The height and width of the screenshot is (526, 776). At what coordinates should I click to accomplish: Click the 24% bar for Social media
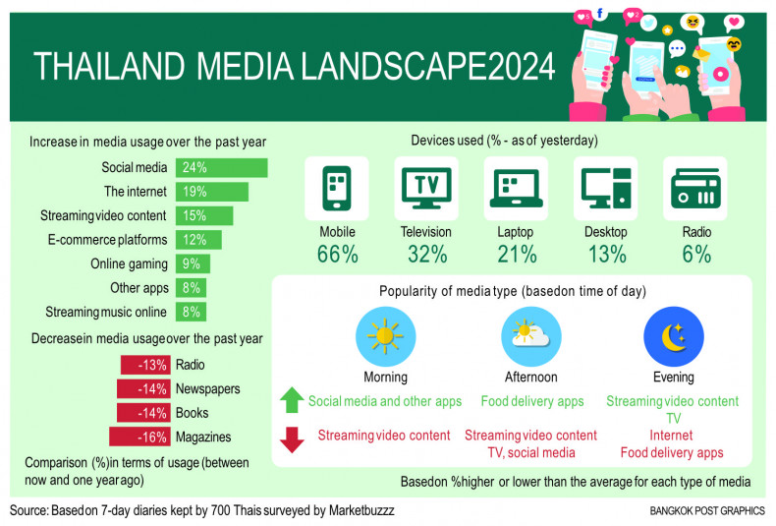point(221,168)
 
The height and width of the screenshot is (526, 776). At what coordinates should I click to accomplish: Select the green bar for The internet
point(211,192)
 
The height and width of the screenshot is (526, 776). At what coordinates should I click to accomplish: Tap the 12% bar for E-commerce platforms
point(198,240)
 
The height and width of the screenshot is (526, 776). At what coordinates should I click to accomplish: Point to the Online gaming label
point(131,263)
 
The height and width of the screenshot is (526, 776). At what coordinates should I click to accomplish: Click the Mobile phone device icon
point(337,190)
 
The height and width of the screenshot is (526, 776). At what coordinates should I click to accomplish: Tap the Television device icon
point(426,190)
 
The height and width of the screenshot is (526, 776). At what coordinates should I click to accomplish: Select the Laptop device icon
point(516,190)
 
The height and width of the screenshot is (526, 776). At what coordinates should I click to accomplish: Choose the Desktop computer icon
point(605,190)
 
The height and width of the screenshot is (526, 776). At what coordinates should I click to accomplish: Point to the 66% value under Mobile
point(337,255)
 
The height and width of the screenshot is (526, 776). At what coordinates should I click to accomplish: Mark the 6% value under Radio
point(695,255)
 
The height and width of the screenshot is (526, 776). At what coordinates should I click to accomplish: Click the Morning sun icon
point(385,336)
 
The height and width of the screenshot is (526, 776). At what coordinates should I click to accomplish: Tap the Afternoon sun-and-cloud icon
point(531,336)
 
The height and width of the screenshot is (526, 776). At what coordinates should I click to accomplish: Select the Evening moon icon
point(673,336)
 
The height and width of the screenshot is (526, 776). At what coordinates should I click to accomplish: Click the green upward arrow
point(292,400)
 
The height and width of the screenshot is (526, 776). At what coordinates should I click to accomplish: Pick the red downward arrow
point(292,439)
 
